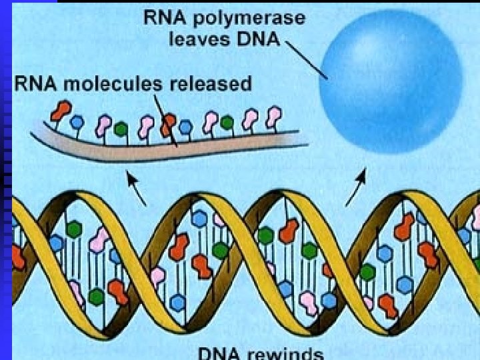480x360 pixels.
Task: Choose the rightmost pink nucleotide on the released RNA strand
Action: coord(272,117)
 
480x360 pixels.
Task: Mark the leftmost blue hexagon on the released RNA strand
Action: coord(77,122)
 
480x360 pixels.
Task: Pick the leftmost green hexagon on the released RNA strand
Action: coord(121,127)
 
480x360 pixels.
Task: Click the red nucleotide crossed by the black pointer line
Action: coord(168,123)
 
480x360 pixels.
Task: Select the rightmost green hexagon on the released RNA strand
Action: coord(227,123)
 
